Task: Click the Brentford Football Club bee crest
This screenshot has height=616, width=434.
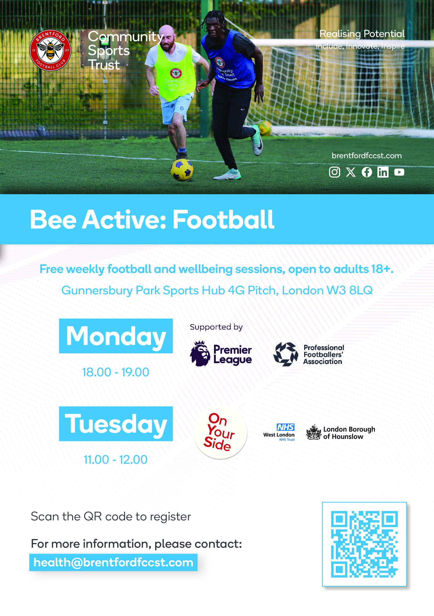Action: coord(50,50)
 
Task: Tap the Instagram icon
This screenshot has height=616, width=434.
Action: coord(334,172)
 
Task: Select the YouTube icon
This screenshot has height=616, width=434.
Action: coord(399,172)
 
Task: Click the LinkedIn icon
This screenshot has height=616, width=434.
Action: coord(383,172)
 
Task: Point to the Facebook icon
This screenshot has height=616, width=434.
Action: coord(367,172)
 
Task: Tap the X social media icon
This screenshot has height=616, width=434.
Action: coord(351,172)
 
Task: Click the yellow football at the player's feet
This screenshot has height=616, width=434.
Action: coord(182,170)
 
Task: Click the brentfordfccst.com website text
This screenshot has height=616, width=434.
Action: coord(366,155)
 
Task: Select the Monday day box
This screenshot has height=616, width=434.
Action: coord(116,336)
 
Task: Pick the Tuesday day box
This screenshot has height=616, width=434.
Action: coord(116,424)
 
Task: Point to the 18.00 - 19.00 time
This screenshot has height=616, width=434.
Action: coord(116,372)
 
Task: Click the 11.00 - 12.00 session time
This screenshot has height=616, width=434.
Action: coord(116,460)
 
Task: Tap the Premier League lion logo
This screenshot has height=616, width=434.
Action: coord(200,353)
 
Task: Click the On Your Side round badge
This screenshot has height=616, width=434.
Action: coord(220,432)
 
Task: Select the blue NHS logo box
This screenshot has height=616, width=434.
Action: coord(286,427)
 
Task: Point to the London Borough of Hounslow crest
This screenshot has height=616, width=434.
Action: coord(314,432)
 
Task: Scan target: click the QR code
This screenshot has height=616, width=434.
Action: coord(364,544)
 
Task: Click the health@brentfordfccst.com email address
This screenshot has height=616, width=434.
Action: coord(113,562)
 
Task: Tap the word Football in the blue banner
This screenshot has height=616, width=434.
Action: coord(223,220)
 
